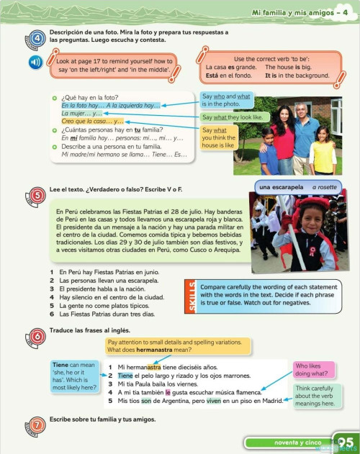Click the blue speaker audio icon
pos(35,62)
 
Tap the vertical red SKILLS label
pos(191,295)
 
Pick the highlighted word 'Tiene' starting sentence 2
pos(126,376)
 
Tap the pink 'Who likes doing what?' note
pos(313,370)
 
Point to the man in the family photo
pos(305,130)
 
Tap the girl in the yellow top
pos(323,151)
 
